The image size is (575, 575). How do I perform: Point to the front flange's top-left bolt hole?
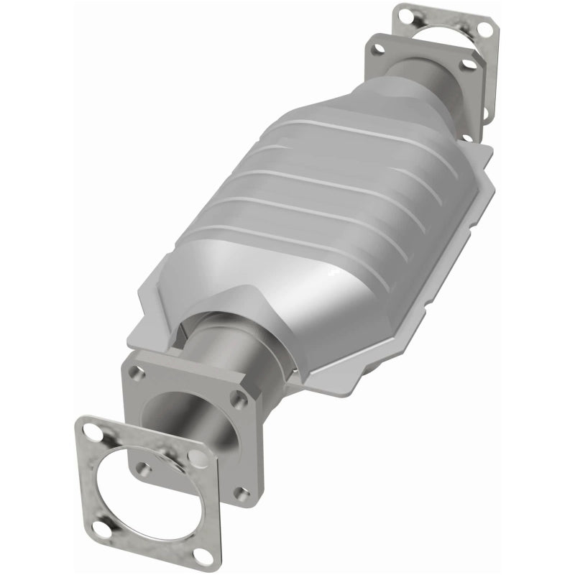pyautogui.click(x=134, y=373)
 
